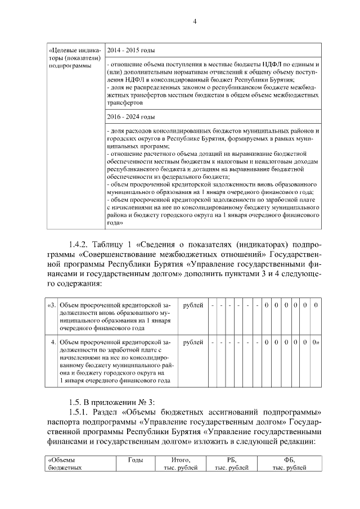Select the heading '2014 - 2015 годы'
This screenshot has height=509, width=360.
click(x=131, y=49)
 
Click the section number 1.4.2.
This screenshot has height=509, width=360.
click(x=80, y=245)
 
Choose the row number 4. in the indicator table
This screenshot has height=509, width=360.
click(x=52, y=342)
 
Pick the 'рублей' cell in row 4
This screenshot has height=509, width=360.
click(x=193, y=342)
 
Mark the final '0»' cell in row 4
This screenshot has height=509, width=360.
click(x=316, y=342)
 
